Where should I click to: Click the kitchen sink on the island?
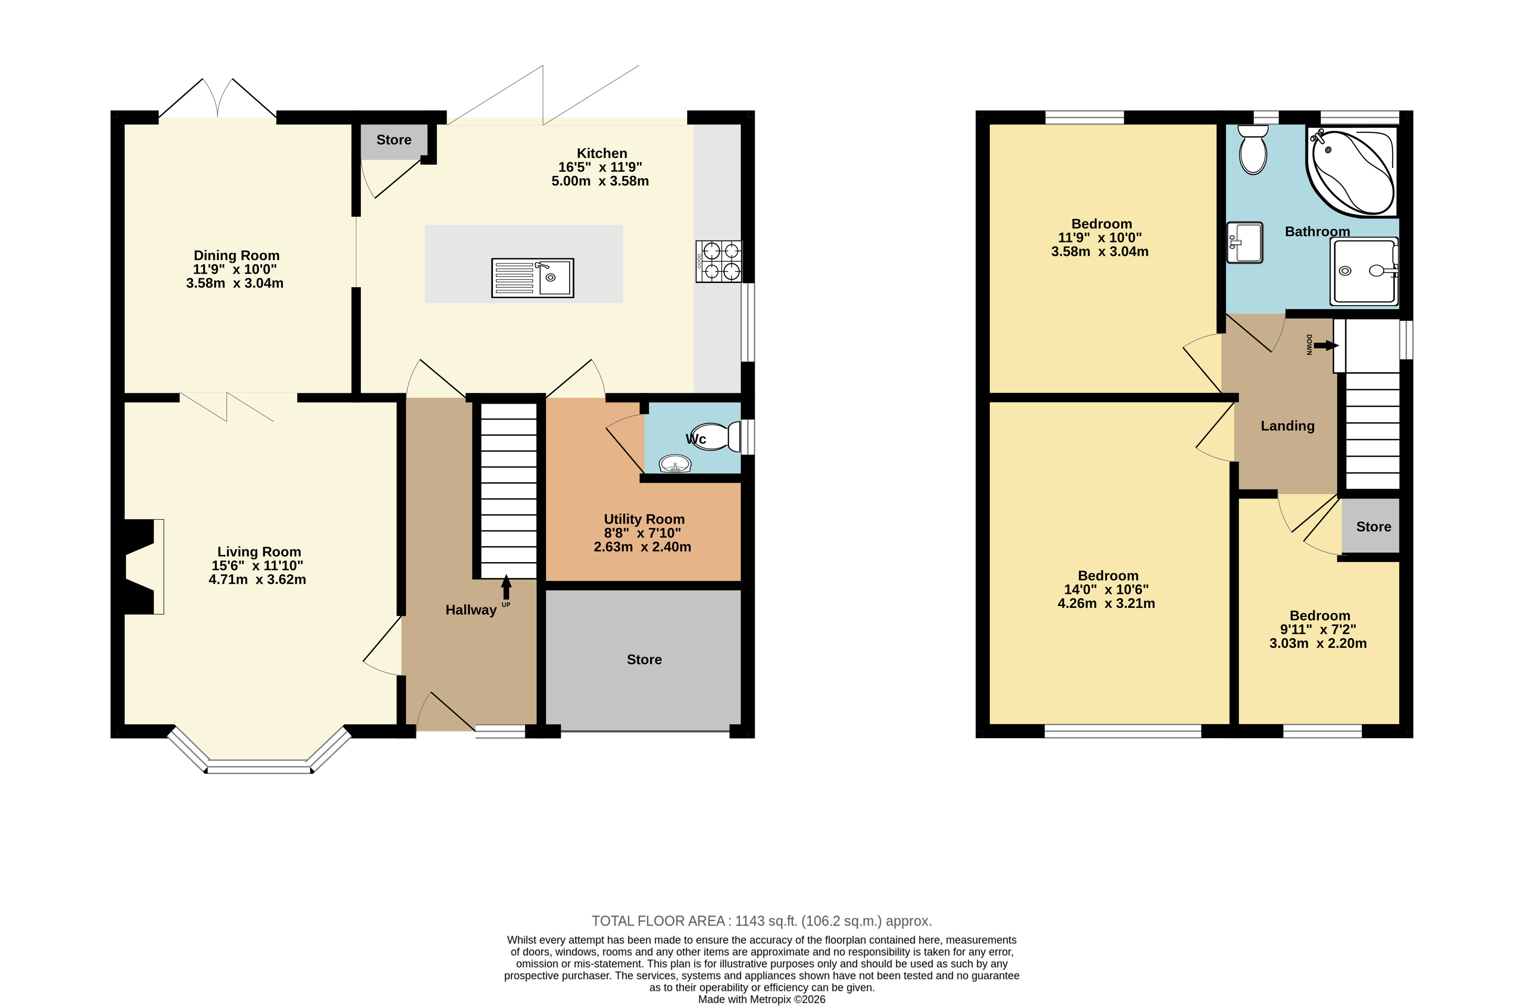[x=532, y=278]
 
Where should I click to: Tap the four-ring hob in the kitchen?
[x=718, y=261]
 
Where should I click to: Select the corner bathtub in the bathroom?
[x=1351, y=172]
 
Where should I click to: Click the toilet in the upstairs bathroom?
[x=1252, y=149]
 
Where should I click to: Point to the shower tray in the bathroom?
[x=1364, y=271]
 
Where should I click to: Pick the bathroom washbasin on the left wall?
[x=1244, y=243]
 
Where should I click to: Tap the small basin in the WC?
[x=675, y=464]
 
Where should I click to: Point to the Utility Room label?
[x=644, y=519]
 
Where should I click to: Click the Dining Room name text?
[x=236, y=255]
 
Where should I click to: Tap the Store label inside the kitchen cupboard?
[x=394, y=140]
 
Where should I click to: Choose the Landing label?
[x=1287, y=426]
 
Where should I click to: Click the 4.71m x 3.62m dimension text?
[x=257, y=579]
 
